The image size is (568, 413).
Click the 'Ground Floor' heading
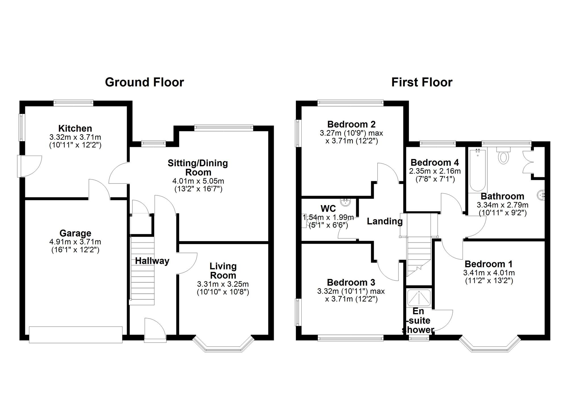click(x=145, y=82)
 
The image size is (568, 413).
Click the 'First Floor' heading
click(x=422, y=82)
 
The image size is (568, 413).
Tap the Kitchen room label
click(x=75, y=128)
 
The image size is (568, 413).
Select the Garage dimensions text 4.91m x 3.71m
click(x=75, y=242)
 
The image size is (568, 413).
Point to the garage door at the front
click(x=76, y=335)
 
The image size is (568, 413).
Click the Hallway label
click(x=152, y=261)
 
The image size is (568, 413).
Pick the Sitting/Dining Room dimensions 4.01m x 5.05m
click(x=198, y=181)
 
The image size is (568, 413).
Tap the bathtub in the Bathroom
click(x=478, y=170)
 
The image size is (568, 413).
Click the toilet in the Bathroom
click(x=504, y=155)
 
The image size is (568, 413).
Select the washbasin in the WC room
click(x=346, y=202)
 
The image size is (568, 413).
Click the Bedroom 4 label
click(x=435, y=162)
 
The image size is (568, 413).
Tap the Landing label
click(x=385, y=221)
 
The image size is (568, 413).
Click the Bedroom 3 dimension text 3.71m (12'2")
click(x=351, y=299)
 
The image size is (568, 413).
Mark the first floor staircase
click(x=419, y=257)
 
